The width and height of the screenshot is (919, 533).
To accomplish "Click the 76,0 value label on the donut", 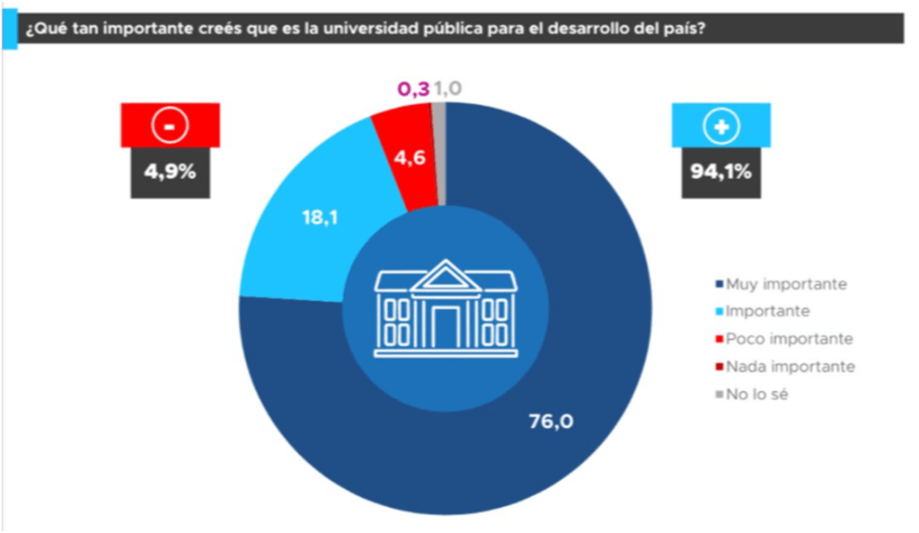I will tap(551, 420).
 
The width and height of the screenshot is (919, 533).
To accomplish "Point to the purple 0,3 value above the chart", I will tap(413, 89).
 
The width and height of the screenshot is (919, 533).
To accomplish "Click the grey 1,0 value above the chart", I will tap(447, 89).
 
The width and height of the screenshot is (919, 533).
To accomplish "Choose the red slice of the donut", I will tap(400, 144).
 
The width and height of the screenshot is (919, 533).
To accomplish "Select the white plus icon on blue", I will tap(721, 127).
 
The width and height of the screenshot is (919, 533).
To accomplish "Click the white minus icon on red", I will tap(171, 127).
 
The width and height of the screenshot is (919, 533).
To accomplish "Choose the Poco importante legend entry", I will tap(782, 339).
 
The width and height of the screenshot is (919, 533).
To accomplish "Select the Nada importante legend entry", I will tap(783, 367).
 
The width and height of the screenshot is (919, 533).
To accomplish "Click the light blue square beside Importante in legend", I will tap(718, 312).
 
